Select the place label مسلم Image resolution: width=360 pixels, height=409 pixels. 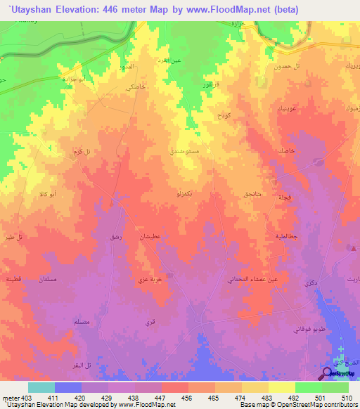[81, 322]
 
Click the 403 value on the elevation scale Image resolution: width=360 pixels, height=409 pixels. [20, 398]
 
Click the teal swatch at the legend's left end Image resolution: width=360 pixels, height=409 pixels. [41, 387]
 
